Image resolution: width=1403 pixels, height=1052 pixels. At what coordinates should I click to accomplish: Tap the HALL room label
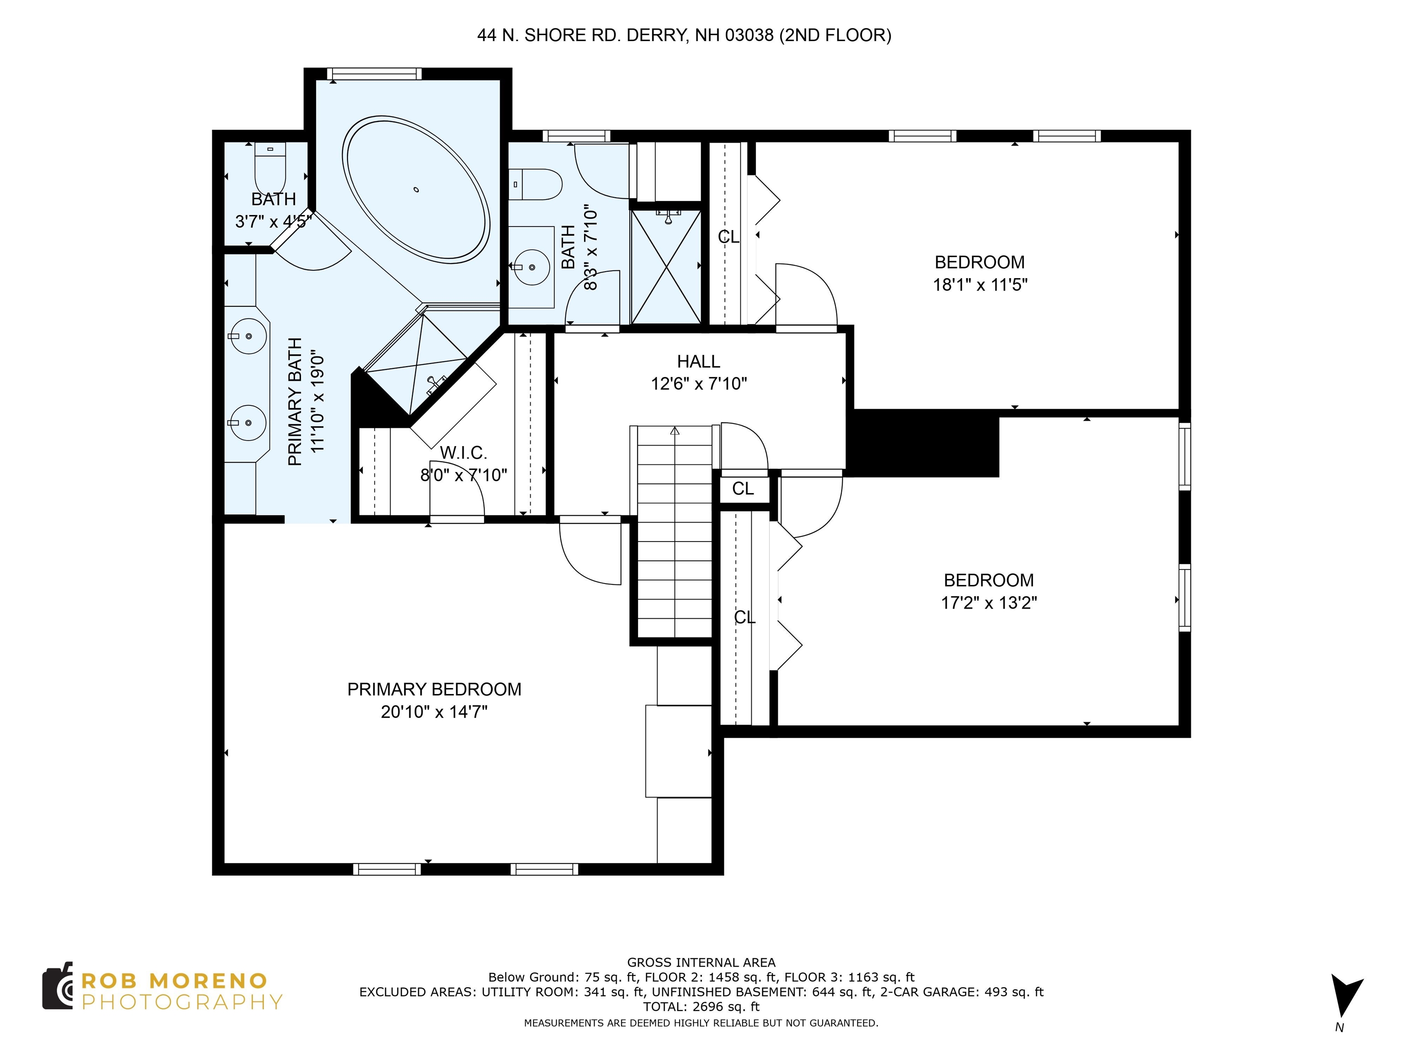(698, 362)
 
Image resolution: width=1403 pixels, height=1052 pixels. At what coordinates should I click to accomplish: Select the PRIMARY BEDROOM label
(434, 689)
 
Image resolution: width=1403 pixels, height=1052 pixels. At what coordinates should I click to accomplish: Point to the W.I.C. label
(464, 453)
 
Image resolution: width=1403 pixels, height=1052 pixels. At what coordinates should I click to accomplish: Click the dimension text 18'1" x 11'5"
(980, 285)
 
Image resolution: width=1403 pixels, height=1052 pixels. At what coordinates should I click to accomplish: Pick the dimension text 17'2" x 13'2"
(989, 602)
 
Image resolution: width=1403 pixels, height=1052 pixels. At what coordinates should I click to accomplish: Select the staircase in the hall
(675, 531)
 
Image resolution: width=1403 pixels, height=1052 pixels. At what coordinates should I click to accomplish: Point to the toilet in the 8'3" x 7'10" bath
(536, 184)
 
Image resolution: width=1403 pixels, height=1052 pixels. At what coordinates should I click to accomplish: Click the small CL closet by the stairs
(744, 488)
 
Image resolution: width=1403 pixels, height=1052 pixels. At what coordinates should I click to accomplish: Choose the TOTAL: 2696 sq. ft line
(701, 1006)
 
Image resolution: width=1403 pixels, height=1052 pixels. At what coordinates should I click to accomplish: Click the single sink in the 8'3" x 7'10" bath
(530, 268)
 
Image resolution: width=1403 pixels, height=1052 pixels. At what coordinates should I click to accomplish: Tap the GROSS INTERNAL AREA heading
(701, 963)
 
